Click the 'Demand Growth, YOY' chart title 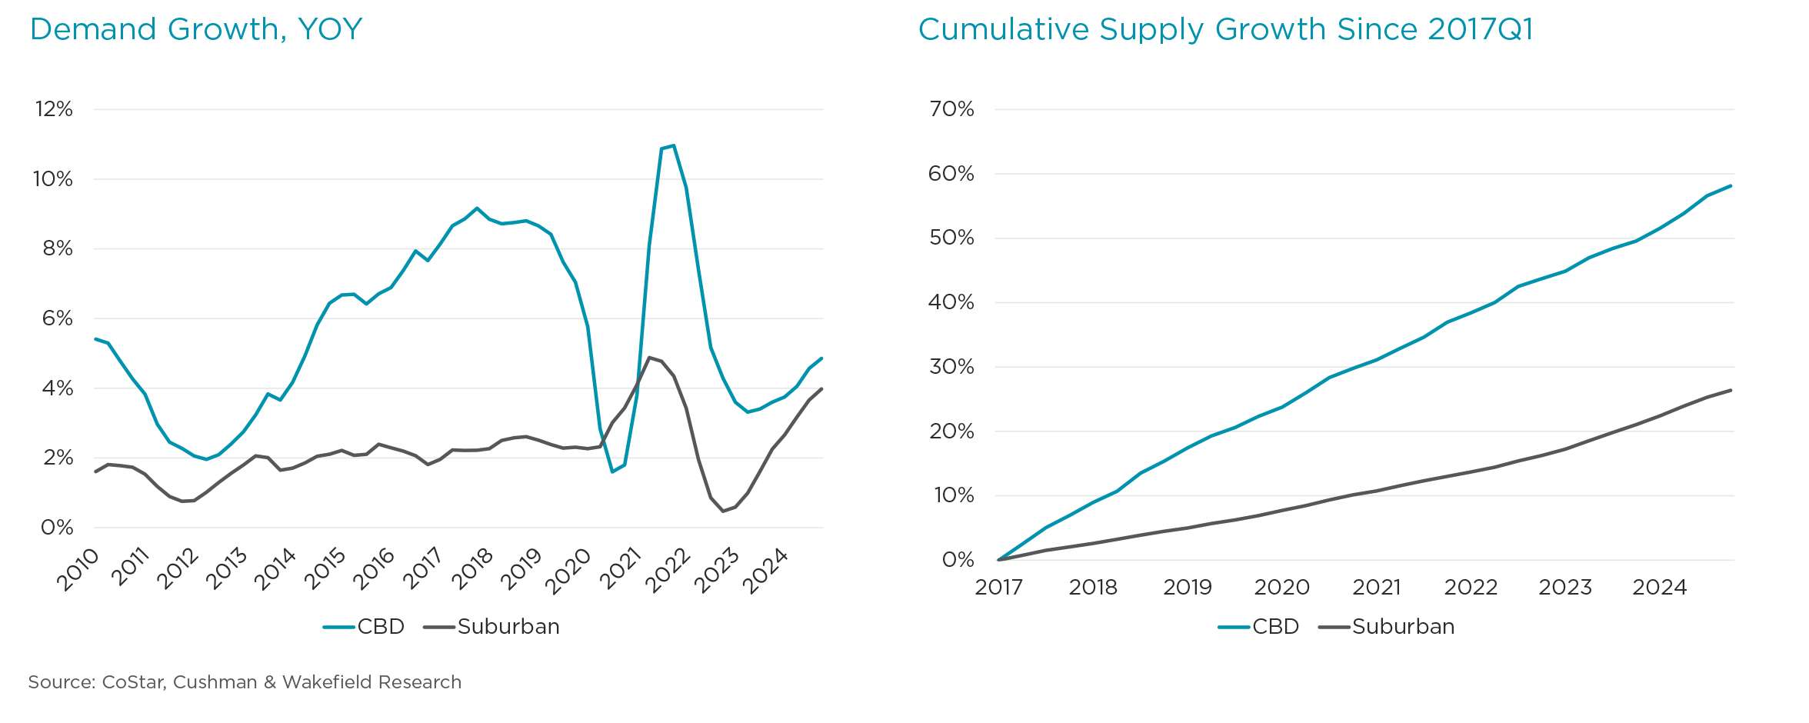195,30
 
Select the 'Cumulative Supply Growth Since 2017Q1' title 1225,30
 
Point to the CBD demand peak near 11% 673,145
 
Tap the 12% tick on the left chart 54,109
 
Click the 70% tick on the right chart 951,109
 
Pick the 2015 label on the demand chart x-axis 325,569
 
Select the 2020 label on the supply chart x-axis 1281,588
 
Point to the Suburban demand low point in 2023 723,511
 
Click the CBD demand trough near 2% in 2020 612,471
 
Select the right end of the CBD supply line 1730,186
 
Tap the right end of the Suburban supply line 1730,391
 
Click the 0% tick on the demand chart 57,528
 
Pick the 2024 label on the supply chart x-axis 1659,588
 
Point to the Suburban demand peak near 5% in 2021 649,358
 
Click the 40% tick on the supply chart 951,302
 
